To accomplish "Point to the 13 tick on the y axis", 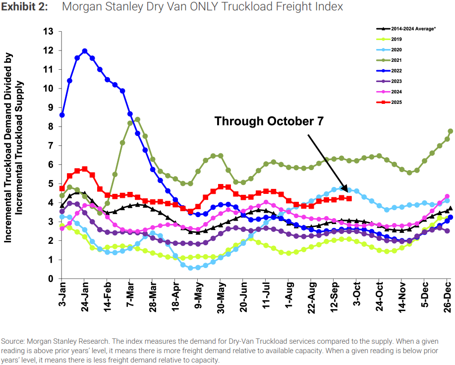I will tap(48, 32).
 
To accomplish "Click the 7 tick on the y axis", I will tap(50, 146).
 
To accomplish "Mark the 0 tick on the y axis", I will tap(50, 279).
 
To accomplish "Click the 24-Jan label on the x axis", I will tap(85, 298).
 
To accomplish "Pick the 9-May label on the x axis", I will tap(199, 298).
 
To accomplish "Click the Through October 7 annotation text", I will tap(269, 121).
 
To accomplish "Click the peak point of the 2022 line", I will tap(85, 50).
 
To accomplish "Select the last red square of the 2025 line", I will tap(349, 198).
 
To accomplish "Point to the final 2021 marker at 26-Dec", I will tap(450, 131).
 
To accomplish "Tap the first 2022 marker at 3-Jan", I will tap(62, 115).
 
